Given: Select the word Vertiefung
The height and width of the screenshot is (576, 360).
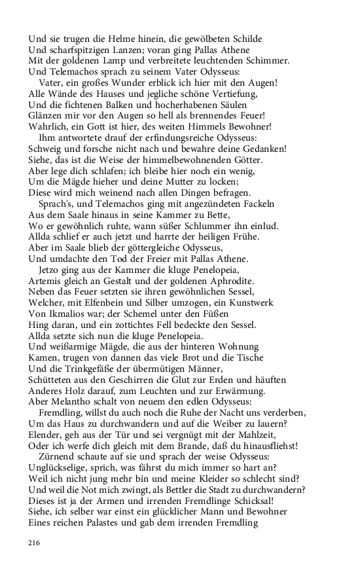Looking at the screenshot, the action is coord(223,94).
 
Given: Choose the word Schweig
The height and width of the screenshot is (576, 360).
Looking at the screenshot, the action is coord(46,149).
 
